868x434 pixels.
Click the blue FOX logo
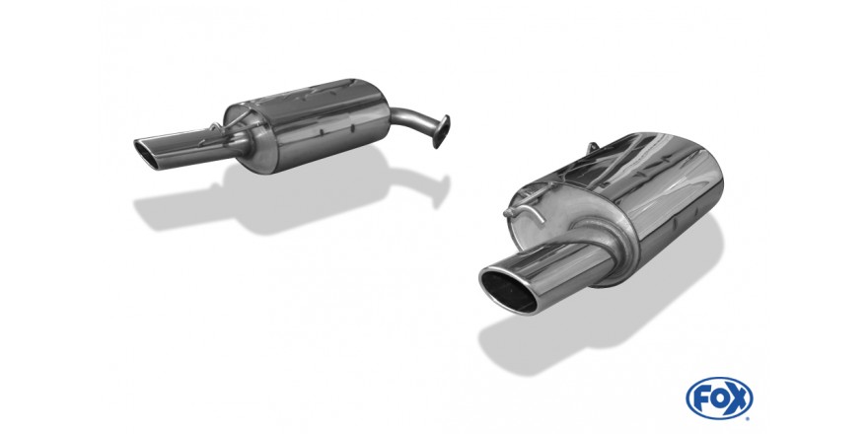(x=719, y=398)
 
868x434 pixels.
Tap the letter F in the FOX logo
(x=701, y=398)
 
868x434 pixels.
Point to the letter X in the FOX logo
(x=738, y=398)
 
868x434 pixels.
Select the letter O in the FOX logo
(x=718, y=398)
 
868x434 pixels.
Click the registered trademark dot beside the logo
(x=749, y=418)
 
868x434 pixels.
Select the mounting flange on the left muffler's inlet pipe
(x=441, y=131)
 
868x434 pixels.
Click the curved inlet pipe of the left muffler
(x=412, y=120)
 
